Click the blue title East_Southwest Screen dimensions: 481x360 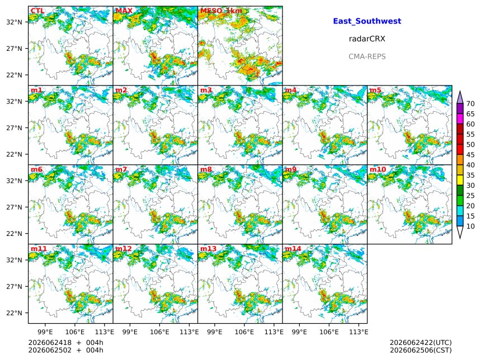367,21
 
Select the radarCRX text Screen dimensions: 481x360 367,39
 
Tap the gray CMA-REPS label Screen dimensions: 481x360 367,56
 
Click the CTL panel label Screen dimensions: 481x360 37,11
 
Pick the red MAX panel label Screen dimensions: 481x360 124,11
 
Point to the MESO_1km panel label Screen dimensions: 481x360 221,11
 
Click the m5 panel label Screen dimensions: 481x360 375,90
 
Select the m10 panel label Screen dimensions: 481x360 378,169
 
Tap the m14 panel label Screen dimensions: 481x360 293,248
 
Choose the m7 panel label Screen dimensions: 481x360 121,169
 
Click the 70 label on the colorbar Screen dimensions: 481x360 470,103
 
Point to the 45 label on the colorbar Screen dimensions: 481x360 470,155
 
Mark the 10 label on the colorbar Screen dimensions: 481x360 470,226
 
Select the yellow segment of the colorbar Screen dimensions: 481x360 460,181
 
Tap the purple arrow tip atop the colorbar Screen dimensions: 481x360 460,91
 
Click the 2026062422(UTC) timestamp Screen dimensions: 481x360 421,343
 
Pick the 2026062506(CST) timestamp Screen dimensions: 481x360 421,350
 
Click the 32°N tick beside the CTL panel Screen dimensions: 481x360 15,22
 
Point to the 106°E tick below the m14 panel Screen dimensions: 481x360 329,332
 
